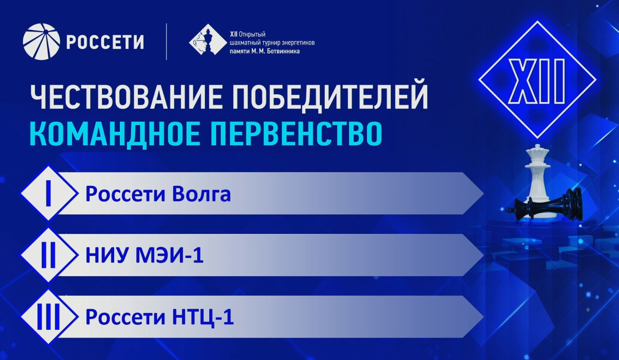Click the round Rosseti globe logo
pos(41,42)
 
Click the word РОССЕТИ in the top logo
pos(105,42)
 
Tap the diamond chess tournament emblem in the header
pos(208,39)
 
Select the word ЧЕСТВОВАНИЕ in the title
pos(126,97)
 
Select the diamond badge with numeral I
pos(49,193)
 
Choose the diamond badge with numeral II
pos(49,255)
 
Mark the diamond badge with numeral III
pos(49,317)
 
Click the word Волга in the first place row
pos(201,194)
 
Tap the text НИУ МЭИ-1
pos(145,255)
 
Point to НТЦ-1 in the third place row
pos(203,317)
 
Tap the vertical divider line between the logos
pos(166,42)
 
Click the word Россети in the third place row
pos(125,317)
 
